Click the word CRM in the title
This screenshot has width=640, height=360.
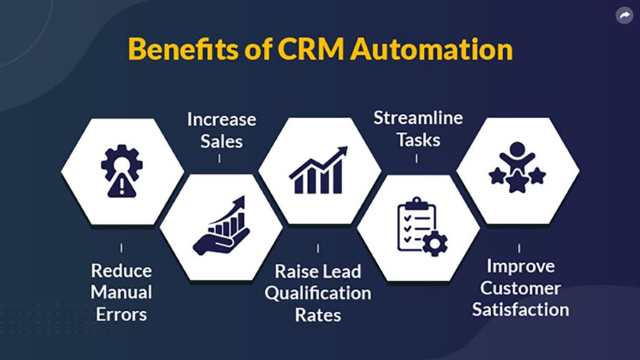(x=311, y=49)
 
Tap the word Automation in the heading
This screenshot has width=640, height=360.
(x=431, y=49)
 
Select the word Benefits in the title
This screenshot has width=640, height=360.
(x=184, y=49)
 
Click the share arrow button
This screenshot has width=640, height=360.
(x=624, y=16)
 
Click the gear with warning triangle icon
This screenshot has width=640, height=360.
(x=122, y=171)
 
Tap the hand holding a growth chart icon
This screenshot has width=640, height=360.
(x=221, y=226)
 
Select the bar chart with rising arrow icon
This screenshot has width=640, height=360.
(x=318, y=170)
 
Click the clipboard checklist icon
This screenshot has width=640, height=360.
(x=422, y=226)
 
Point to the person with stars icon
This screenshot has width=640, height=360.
(x=517, y=167)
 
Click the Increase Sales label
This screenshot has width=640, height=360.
(x=222, y=130)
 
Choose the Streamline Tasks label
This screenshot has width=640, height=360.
(x=418, y=129)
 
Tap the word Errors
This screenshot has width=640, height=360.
(x=121, y=315)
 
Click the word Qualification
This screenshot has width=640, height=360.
(x=318, y=294)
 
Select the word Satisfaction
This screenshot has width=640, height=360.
(x=521, y=310)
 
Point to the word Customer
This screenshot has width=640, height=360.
(x=521, y=288)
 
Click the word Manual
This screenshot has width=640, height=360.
(x=121, y=292)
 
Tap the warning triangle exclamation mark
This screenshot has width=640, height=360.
(x=121, y=186)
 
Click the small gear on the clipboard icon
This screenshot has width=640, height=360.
(x=435, y=244)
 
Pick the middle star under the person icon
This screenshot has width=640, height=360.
(x=517, y=182)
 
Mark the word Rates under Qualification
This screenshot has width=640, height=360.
(x=318, y=315)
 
